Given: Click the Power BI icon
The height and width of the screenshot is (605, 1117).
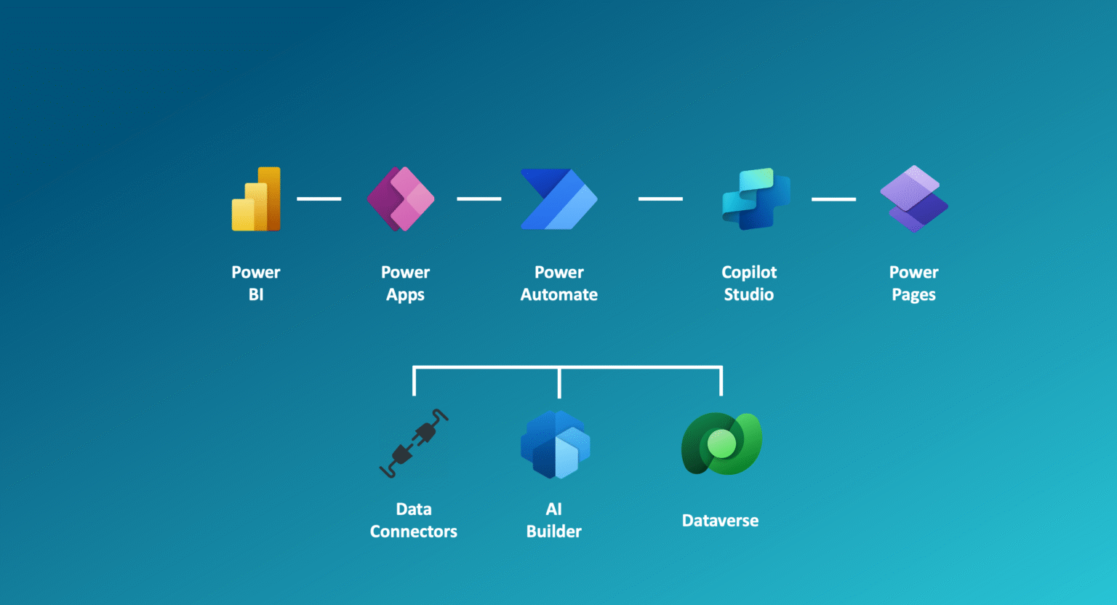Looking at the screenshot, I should (256, 199).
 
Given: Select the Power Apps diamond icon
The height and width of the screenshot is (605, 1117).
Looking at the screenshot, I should (401, 199).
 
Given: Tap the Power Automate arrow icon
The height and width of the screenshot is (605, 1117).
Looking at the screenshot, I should (558, 199).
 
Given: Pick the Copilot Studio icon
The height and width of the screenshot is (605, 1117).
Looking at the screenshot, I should (756, 199).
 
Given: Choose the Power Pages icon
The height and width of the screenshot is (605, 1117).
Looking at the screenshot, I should (914, 199).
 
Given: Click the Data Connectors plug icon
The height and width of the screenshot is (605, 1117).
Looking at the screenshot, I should (414, 444).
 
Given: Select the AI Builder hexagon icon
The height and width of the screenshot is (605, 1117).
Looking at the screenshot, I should (555, 444).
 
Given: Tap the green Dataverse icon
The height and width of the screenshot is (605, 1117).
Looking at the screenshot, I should (721, 444).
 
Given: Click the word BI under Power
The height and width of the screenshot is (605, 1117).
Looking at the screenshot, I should (256, 295).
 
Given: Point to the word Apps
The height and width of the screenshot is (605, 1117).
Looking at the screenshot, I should (405, 295).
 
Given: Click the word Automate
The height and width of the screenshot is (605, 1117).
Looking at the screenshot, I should (558, 295).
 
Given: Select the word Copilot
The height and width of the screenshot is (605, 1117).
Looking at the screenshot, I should (749, 273).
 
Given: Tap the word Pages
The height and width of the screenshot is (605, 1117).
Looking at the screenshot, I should (913, 295).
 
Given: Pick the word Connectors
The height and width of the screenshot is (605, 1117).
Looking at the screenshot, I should (414, 532).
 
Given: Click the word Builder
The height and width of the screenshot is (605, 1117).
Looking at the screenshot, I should (554, 532).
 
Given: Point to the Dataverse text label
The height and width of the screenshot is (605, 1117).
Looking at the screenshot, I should (720, 521).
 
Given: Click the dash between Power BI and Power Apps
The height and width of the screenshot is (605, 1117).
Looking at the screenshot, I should (319, 199).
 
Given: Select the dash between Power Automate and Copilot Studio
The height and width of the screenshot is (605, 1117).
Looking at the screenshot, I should (660, 199).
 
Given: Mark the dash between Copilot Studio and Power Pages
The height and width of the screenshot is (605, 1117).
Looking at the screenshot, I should (833, 199).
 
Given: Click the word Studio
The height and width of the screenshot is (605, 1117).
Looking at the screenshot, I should (748, 295).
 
